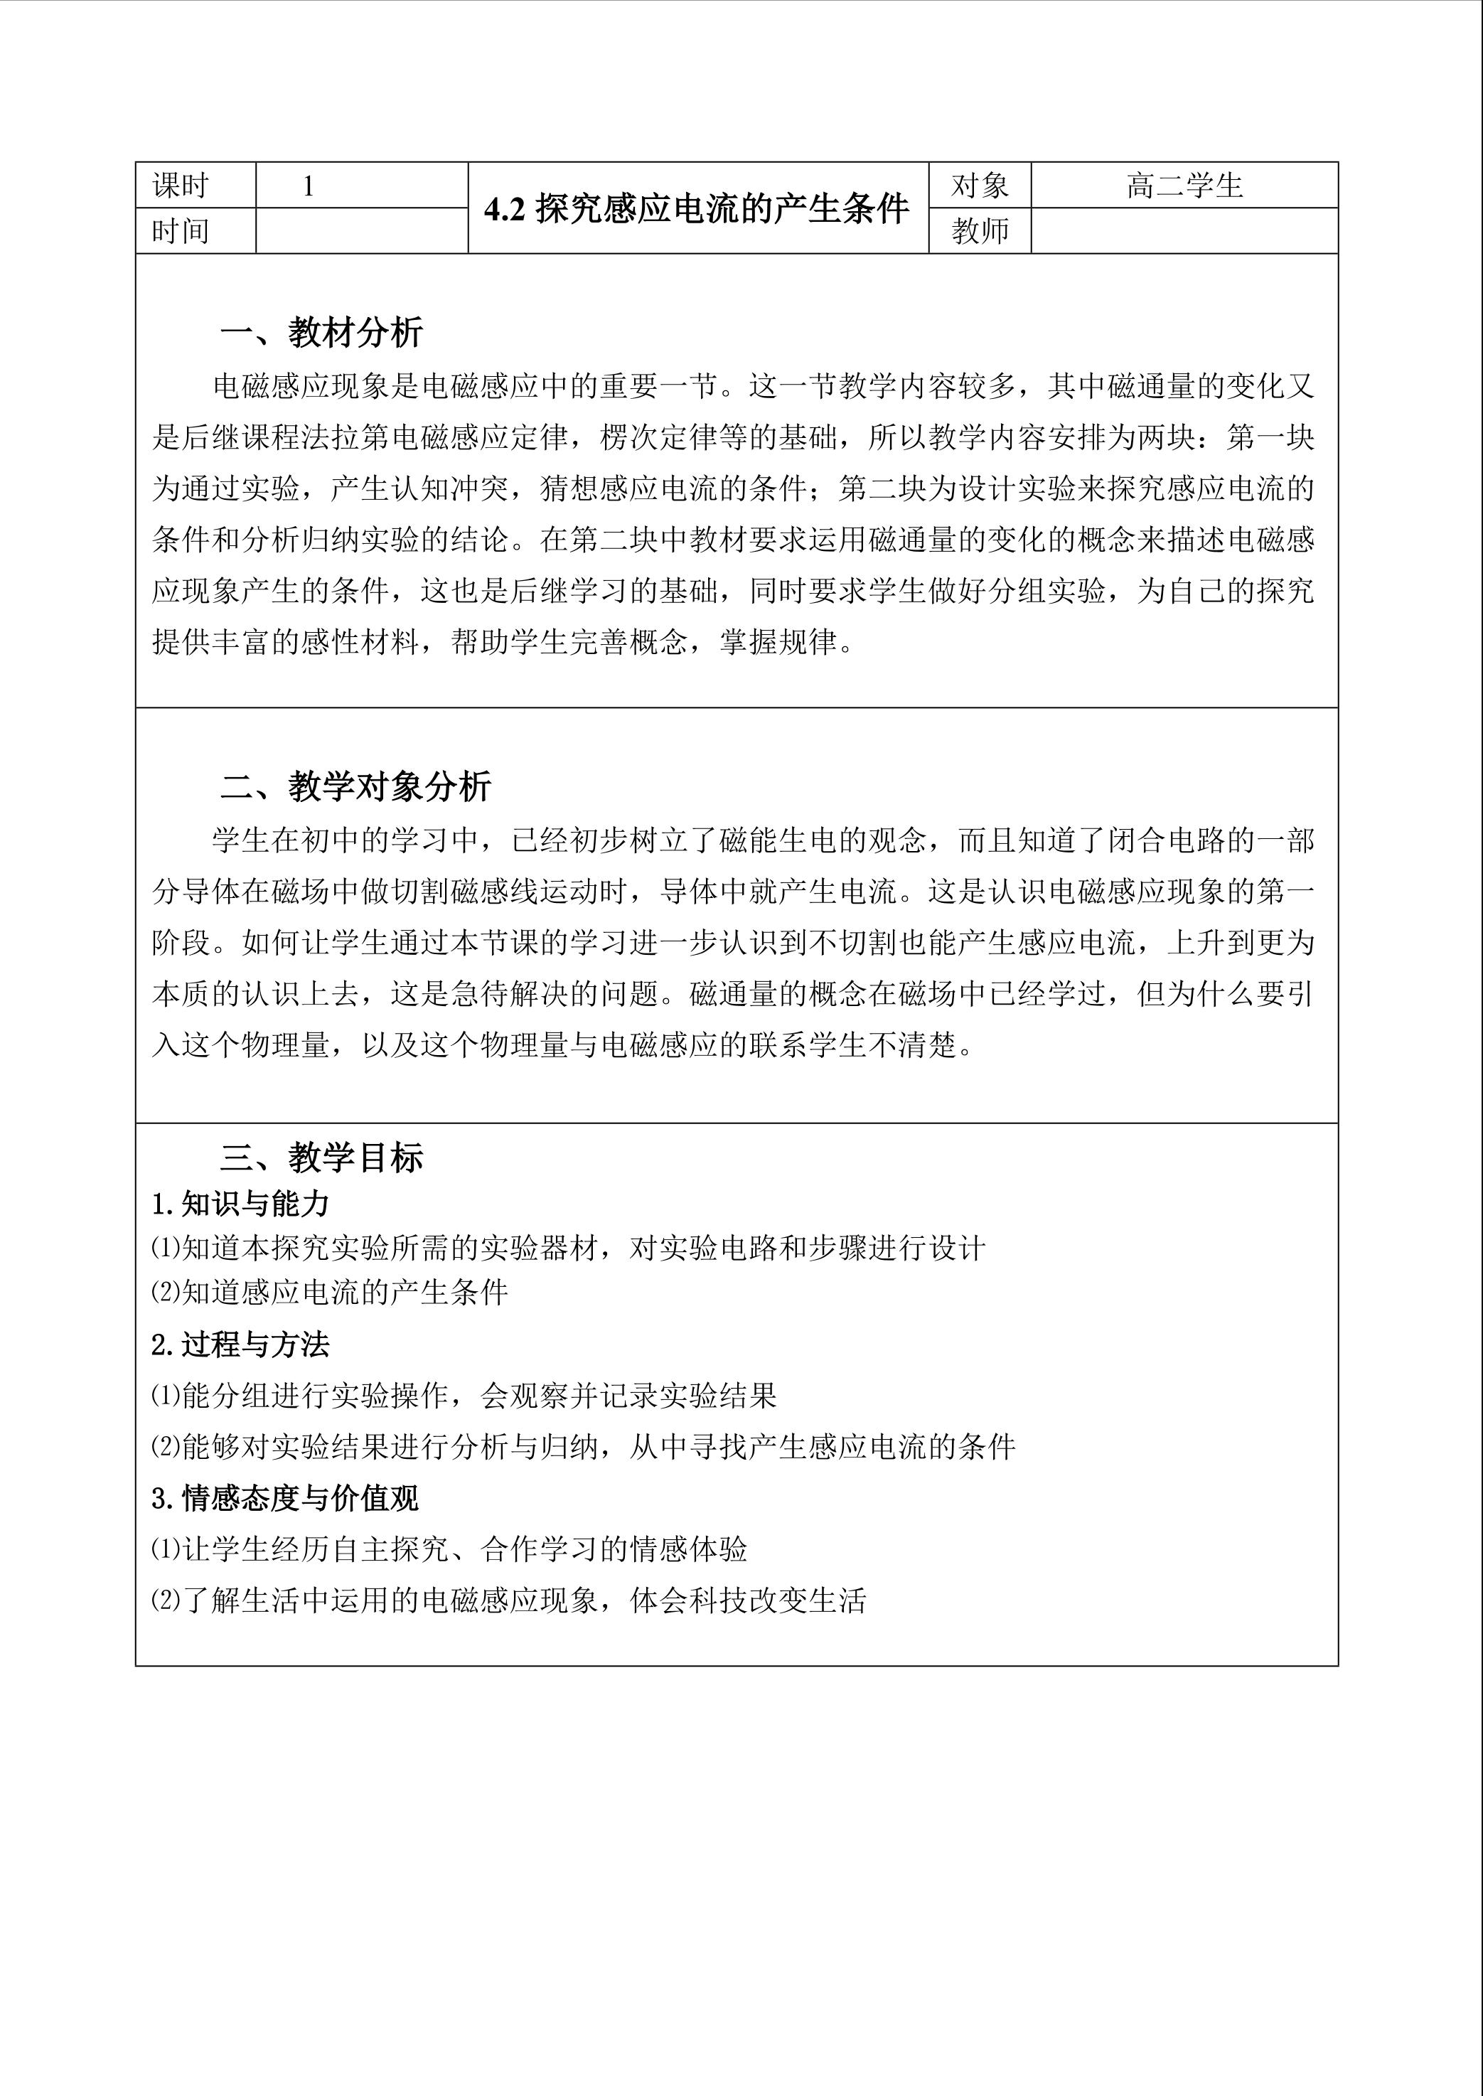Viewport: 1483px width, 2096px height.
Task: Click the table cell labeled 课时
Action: (x=181, y=186)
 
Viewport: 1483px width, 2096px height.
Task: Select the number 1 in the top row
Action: (x=309, y=186)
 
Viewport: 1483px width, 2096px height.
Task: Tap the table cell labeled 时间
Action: (x=181, y=231)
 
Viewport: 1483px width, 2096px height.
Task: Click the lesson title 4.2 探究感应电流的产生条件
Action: (x=697, y=209)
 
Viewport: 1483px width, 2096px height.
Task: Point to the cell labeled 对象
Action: (x=979, y=186)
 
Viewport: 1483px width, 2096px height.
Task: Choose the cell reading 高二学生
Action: (x=1184, y=186)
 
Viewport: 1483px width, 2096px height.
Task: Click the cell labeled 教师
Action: (x=979, y=231)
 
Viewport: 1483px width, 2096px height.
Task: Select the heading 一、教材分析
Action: (x=321, y=333)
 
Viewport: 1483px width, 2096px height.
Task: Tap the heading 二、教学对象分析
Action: (x=356, y=786)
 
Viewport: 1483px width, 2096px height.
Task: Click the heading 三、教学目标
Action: (x=321, y=1158)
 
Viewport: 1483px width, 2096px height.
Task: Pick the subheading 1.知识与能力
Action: (x=240, y=1204)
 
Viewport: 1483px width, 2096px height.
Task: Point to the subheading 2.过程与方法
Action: (x=240, y=1344)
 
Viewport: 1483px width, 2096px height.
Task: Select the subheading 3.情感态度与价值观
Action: (x=285, y=1498)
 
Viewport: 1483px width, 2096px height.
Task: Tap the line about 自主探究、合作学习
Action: (x=449, y=1549)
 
